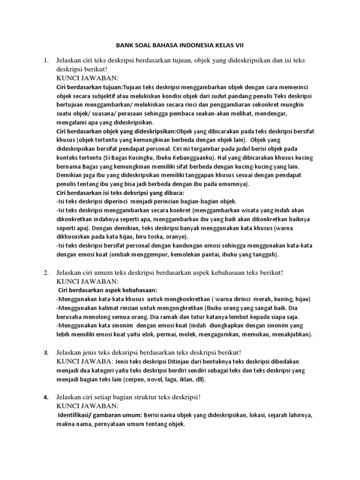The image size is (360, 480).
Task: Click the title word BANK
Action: click(124, 45)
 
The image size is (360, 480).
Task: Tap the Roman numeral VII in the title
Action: click(238, 45)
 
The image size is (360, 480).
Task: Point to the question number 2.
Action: click(46, 272)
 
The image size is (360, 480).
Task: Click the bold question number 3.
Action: click(46, 352)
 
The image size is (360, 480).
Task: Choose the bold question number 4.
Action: click(46, 397)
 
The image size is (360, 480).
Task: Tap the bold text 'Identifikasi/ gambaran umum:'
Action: click(100, 415)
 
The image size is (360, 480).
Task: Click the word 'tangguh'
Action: click(264, 255)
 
